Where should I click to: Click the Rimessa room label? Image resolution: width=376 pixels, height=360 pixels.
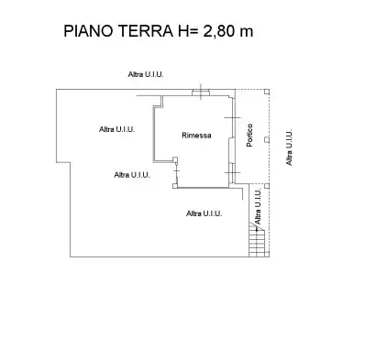click(196, 136)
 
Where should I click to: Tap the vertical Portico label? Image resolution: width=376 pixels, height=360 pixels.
click(249, 136)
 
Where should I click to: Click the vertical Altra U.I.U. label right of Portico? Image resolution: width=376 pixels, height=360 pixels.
click(290, 147)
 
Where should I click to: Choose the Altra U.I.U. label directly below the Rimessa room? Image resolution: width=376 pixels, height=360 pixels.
click(204, 213)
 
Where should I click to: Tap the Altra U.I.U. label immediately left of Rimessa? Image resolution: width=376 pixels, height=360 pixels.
click(116, 129)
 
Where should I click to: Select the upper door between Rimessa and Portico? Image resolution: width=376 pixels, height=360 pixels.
click(236, 124)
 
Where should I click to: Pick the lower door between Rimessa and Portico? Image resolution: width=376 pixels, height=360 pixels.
click(235, 170)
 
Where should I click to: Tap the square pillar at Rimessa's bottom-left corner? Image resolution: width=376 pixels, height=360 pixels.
click(175, 187)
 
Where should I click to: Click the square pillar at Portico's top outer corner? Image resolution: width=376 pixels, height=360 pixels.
click(267, 92)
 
